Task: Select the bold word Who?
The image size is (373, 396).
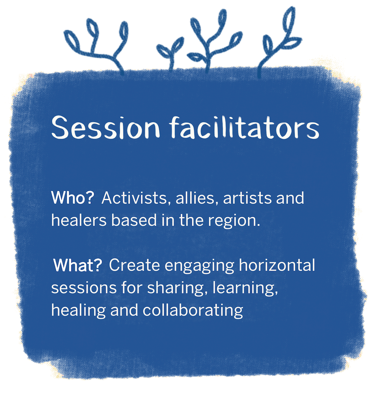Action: point(73,198)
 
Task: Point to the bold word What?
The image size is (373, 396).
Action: point(78,266)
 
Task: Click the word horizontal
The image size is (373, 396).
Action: point(277,266)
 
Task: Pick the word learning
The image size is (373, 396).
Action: point(245,288)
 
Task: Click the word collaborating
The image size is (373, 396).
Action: point(193,310)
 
